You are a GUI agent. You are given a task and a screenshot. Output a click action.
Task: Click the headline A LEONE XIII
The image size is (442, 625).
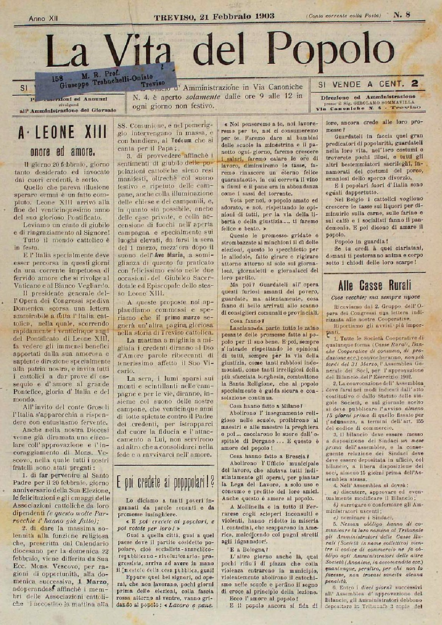pyautogui.click(x=63, y=133)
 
